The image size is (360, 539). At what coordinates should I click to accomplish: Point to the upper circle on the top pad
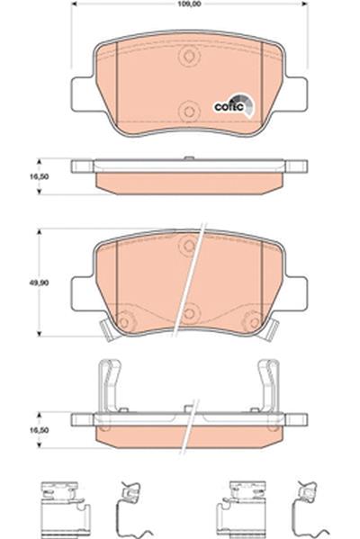pos(189,56)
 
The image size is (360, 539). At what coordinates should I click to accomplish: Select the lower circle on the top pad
pos(189,111)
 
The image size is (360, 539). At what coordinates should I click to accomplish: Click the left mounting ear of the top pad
pos(83,94)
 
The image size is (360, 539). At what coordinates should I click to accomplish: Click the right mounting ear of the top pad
pos(296,94)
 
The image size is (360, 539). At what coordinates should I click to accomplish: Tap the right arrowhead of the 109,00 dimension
pos(304,4)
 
